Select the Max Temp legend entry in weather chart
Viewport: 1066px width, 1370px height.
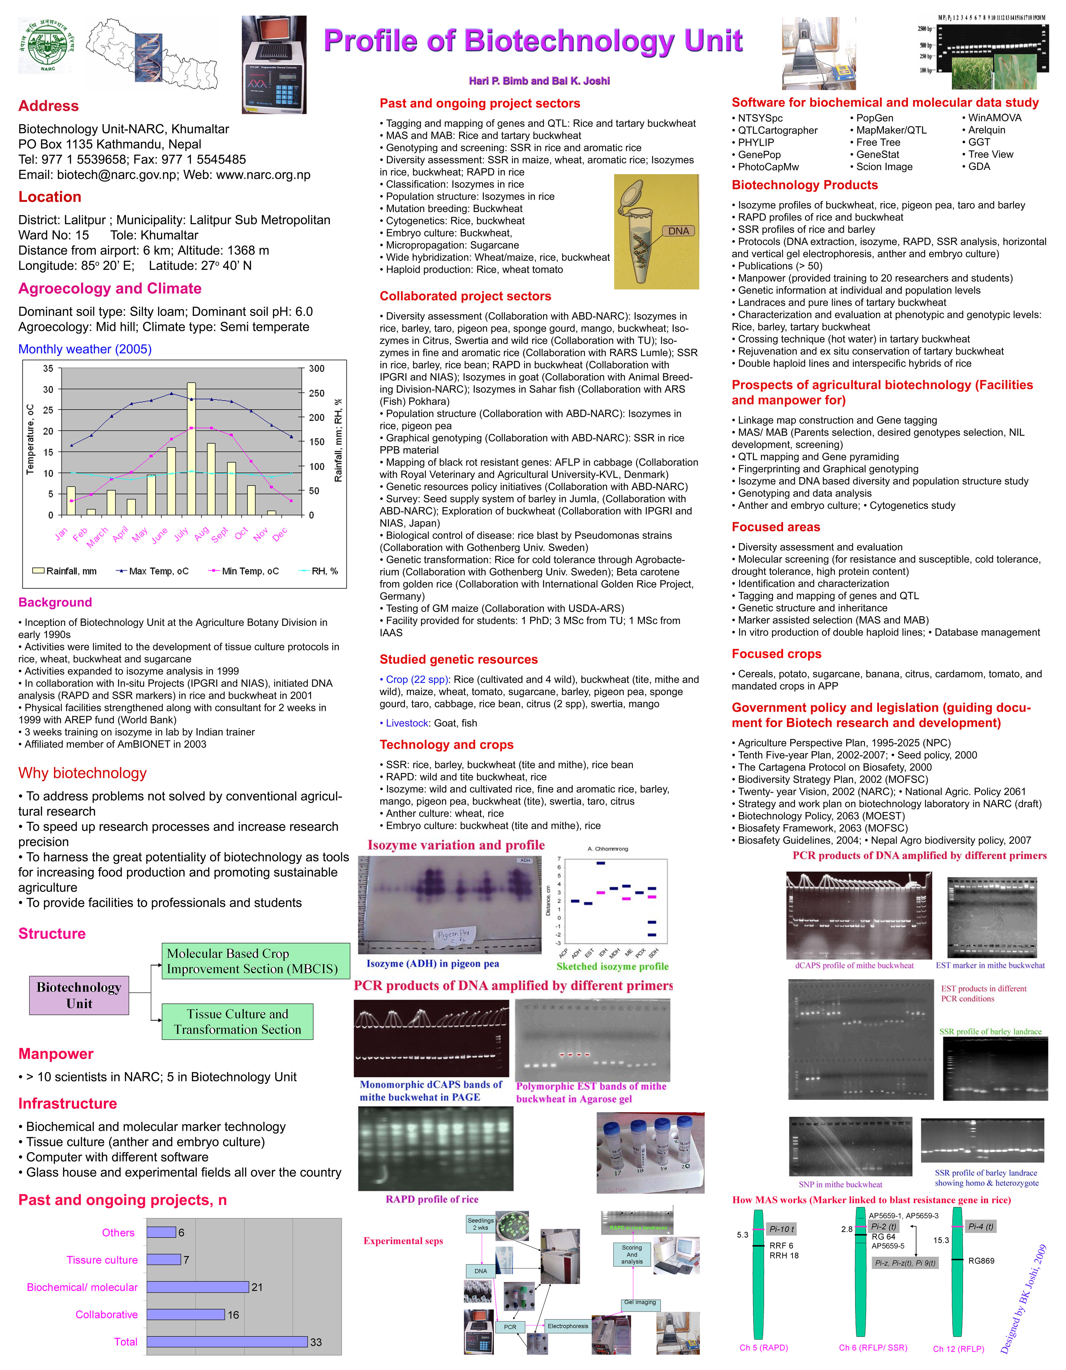153,571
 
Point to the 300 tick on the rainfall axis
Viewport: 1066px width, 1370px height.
316,369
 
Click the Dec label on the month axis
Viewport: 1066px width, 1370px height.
280,533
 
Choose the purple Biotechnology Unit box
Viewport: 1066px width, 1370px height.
79,996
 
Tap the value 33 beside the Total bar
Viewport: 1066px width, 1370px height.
316,1342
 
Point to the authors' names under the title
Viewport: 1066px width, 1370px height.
539,81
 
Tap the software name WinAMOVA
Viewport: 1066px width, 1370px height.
994,118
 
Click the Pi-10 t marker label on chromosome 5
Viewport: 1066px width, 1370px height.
781,1229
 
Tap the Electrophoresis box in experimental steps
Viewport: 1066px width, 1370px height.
568,1326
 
